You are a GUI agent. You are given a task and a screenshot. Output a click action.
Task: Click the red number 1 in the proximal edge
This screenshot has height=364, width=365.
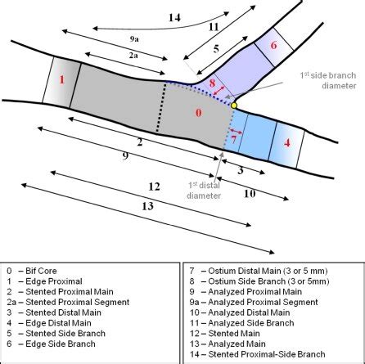62,80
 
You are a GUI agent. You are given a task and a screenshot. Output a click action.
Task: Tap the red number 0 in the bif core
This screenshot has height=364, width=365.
197,115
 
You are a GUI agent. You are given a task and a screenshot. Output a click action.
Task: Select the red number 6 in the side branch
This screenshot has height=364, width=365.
274,44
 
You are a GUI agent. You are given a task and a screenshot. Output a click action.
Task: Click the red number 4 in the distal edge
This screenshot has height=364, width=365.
287,142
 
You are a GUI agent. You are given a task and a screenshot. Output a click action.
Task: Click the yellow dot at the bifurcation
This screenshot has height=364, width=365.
234,106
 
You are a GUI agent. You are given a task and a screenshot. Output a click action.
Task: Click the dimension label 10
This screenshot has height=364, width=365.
250,194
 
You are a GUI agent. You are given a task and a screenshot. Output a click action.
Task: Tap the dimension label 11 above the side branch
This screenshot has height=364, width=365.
214,27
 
